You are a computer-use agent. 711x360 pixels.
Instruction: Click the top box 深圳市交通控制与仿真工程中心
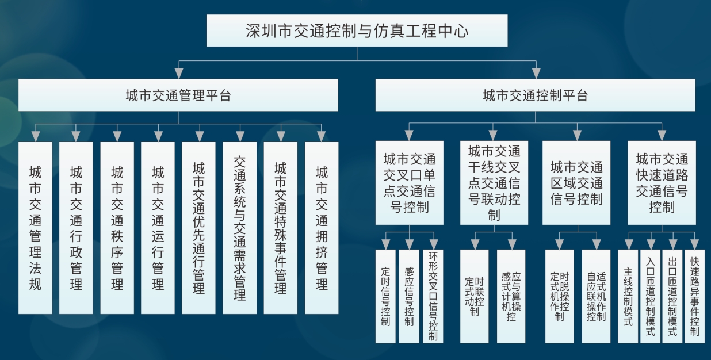357,30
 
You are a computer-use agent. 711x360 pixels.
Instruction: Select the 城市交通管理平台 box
178,95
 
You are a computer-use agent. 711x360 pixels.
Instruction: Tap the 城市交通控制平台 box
535,95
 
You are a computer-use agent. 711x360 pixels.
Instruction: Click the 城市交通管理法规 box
35,228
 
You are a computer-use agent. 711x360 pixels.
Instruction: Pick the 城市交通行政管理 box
76,228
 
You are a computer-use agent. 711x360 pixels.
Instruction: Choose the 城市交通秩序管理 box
117,228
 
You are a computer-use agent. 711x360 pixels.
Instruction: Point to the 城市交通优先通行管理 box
198,228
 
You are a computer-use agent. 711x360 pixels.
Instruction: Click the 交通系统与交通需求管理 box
239,228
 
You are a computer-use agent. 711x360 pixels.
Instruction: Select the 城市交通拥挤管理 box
322,228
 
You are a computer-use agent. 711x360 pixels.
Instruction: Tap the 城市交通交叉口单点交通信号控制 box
409,182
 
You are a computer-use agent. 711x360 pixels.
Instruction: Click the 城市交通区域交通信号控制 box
576,182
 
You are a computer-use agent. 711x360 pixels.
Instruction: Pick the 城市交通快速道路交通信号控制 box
662,182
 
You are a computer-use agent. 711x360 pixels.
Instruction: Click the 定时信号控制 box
385,296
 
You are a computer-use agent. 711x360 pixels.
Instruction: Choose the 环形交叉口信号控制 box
433,296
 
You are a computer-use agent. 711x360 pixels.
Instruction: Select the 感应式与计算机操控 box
511,296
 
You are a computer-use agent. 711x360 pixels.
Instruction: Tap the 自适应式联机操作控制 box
596,296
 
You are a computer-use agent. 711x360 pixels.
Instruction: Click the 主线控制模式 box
628,296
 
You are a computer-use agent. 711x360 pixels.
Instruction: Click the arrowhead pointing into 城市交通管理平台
178,73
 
